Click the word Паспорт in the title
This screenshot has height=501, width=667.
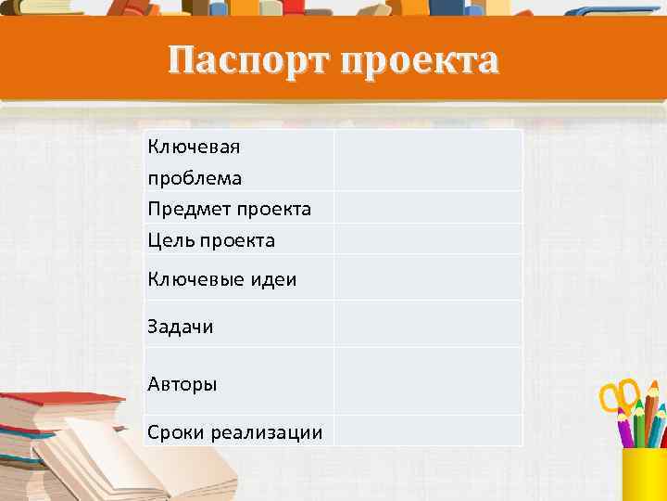[250, 62]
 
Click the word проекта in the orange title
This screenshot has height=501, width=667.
[421, 62]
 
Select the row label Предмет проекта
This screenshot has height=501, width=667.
[230, 209]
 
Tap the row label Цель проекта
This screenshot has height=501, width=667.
[211, 240]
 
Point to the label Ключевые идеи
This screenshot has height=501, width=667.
[222, 278]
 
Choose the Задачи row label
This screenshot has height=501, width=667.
[181, 326]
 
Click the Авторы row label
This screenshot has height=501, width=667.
[182, 383]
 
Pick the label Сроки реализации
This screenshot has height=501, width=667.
[235, 432]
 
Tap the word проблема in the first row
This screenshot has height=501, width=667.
[195, 176]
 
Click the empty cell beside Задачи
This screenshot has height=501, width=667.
[428, 325]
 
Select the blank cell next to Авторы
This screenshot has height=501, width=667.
[428, 381]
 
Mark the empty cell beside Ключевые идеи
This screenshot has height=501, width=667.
[428, 277]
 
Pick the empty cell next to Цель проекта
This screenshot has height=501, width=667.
[428, 239]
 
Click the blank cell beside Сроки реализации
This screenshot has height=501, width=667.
[428, 430]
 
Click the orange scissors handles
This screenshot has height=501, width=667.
[618, 394]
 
